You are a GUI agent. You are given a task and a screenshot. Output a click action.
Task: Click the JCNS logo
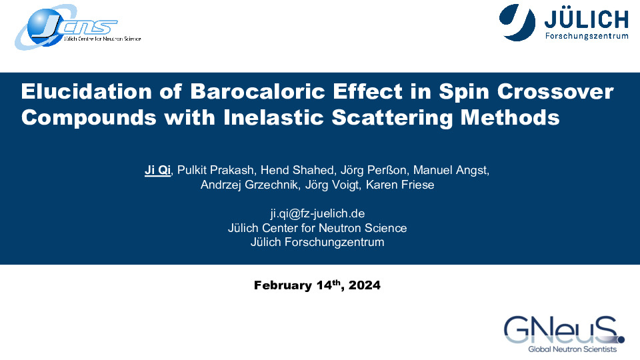tap(77, 27)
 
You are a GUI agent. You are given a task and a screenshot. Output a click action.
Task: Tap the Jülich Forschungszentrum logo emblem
tap(517, 23)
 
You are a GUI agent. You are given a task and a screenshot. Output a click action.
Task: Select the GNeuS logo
tap(564, 334)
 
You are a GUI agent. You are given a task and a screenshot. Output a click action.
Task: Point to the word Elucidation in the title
tap(86, 91)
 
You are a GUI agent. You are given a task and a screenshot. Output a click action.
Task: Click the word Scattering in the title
tap(392, 118)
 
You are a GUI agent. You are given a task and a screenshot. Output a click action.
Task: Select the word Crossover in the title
tap(555, 91)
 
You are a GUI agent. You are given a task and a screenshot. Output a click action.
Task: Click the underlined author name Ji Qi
tap(157, 170)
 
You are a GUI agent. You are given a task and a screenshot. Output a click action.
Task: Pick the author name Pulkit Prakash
tap(215, 170)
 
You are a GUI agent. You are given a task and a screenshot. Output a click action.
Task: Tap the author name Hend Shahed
tap(297, 170)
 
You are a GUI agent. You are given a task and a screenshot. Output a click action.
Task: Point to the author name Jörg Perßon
tap(373, 170)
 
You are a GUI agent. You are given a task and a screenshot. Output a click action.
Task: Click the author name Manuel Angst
tap(451, 170)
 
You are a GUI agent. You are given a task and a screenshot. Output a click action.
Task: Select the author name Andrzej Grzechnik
tap(249, 185)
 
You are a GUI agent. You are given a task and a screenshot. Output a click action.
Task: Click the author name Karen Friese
tap(400, 185)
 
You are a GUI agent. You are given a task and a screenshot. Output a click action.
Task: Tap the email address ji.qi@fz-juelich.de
tap(317, 213)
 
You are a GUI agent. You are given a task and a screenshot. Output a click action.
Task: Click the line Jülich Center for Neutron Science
tap(317, 228)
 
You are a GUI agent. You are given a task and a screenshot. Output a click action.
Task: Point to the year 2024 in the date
tap(365, 285)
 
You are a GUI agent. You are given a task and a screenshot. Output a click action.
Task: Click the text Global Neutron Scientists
tap(573, 349)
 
